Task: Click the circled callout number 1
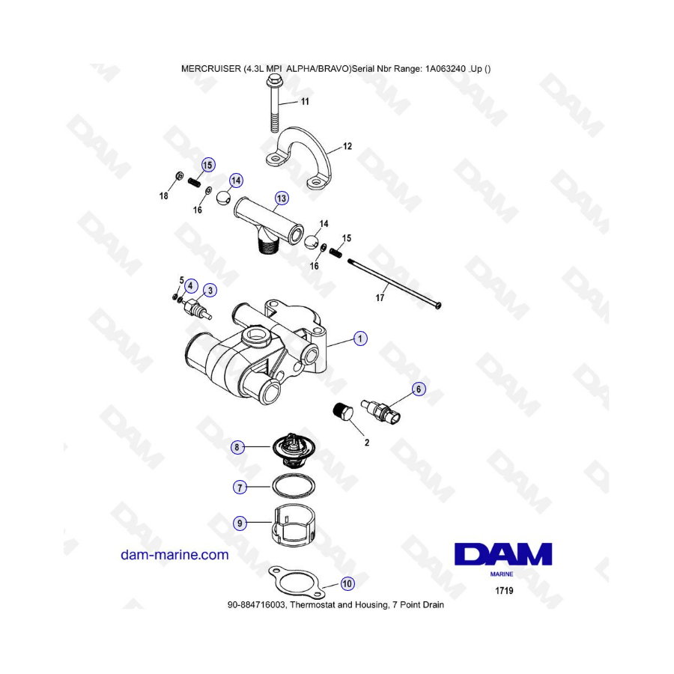(360, 339)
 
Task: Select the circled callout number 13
(281, 198)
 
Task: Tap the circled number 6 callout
(419, 389)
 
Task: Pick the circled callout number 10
(347, 583)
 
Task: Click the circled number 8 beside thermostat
(237, 448)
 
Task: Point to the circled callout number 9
(240, 524)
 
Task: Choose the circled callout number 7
(240, 487)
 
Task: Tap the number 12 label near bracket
(347, 147)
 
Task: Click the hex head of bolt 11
(273, 79)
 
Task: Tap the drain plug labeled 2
(343, 413)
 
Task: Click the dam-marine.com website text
(174, 555)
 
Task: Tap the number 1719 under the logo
(504, 591)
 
